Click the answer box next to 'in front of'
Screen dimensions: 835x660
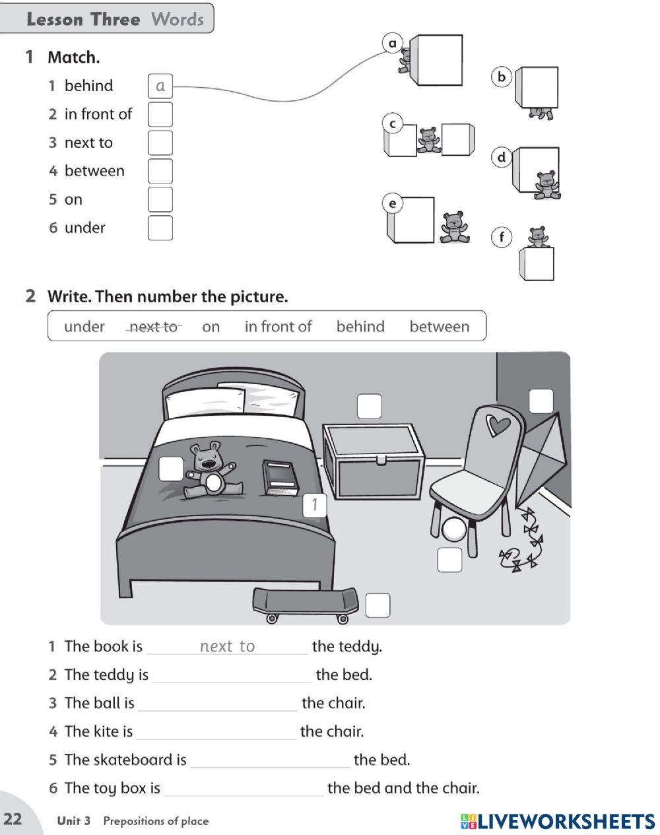(x=160, y=114)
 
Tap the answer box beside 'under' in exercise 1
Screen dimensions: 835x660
(x=160, y=228)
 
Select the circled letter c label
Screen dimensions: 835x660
(x=393, y=124)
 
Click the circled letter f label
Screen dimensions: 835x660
(x=502, y=237)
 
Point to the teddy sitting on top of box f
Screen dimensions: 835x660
(x=538, y=236)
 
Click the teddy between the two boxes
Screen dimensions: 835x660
(x=429, y=140)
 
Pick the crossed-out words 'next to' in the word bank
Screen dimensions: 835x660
(x=153, y=327)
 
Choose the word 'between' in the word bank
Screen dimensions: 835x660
(x=439, y=327)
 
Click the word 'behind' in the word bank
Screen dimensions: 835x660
(x=360, y=327)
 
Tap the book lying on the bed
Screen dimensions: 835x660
(x=280, y=477)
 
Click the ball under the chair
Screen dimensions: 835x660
(x=454, y=529)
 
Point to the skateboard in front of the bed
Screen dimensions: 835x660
(x=306, y=604)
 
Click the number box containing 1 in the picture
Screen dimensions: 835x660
(x=315, y=506)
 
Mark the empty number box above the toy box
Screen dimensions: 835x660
(x=369, y=407)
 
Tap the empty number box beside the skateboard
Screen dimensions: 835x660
(x=378, y=605)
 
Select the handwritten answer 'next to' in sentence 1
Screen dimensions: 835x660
(x=227, y=647)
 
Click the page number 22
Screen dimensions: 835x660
(x=13, y=819)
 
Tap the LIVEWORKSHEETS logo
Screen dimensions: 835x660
(x=558, y=821)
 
